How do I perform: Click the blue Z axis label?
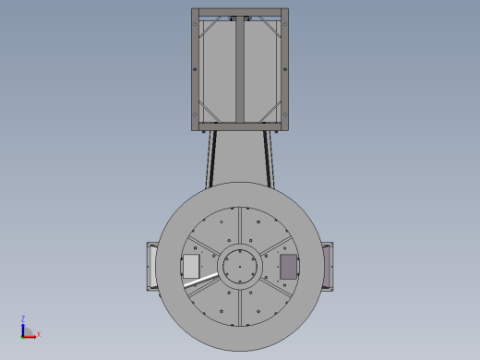23,318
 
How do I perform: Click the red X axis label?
39,334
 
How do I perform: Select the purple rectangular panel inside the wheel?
289,267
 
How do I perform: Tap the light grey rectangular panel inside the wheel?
191,267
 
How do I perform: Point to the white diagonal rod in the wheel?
201,280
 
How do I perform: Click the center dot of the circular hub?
240,267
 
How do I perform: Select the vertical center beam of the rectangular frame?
240,69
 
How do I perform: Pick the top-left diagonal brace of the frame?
210,27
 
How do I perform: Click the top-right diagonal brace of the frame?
270,27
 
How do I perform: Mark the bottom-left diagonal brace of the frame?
210,112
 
